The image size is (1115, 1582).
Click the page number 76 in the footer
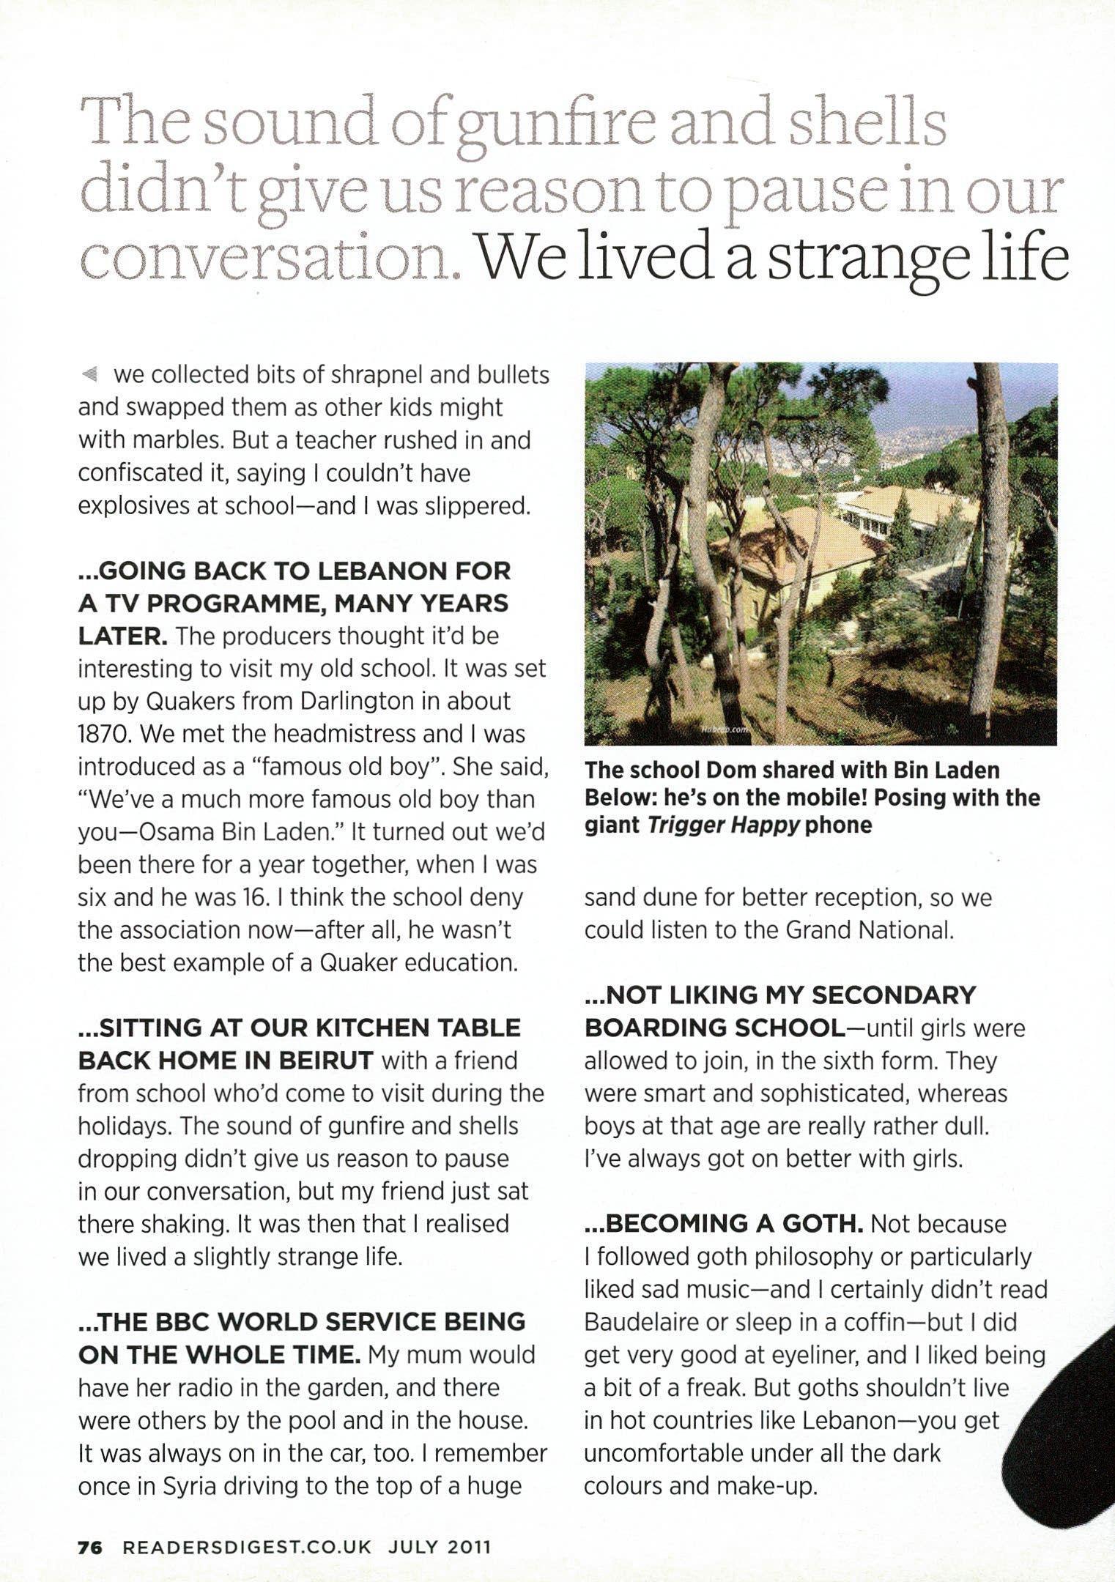pos(92,1547)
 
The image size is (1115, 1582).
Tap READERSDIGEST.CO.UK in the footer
pos(248,1547)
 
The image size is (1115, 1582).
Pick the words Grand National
pos(870,930)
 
